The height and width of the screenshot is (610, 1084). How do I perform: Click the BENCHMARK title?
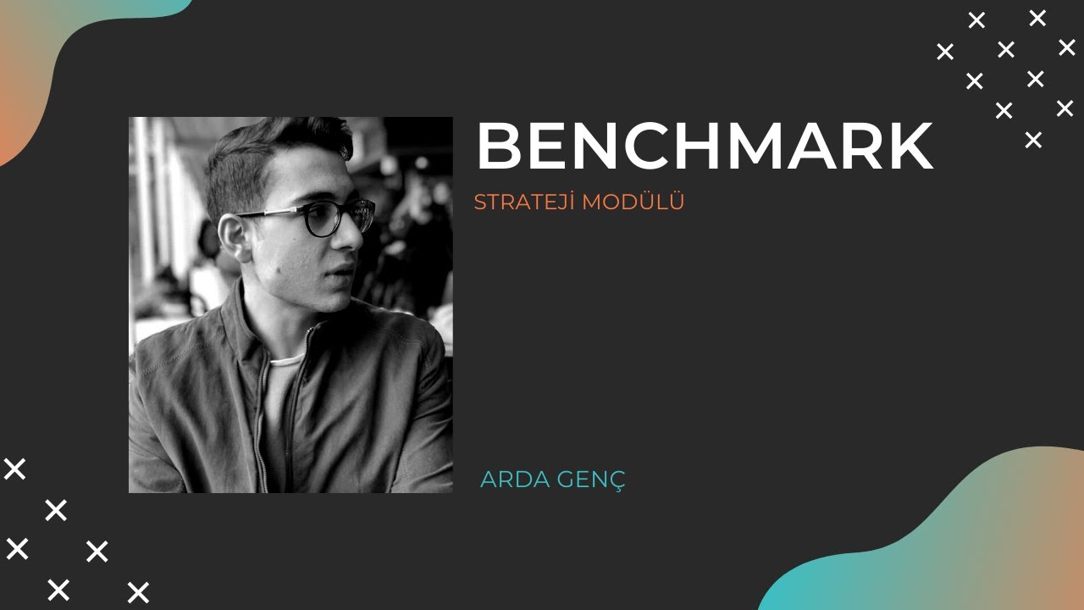(704, 147)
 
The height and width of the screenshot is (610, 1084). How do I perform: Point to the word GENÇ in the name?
(590, 480)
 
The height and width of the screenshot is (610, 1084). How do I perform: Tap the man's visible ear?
(234, 236)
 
